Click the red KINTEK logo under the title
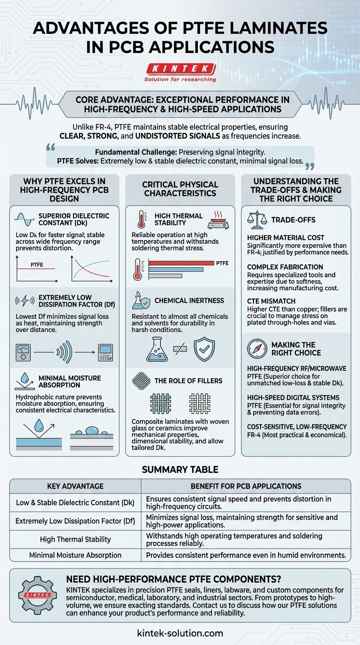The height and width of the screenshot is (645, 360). coord(180,69)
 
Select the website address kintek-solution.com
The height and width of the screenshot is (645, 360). coord(180,633)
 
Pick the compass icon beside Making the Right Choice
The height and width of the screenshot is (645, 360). coord(257,348)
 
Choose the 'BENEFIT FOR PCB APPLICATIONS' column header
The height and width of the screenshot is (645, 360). coord(246,486)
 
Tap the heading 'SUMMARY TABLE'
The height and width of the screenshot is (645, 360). coord(180,470)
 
